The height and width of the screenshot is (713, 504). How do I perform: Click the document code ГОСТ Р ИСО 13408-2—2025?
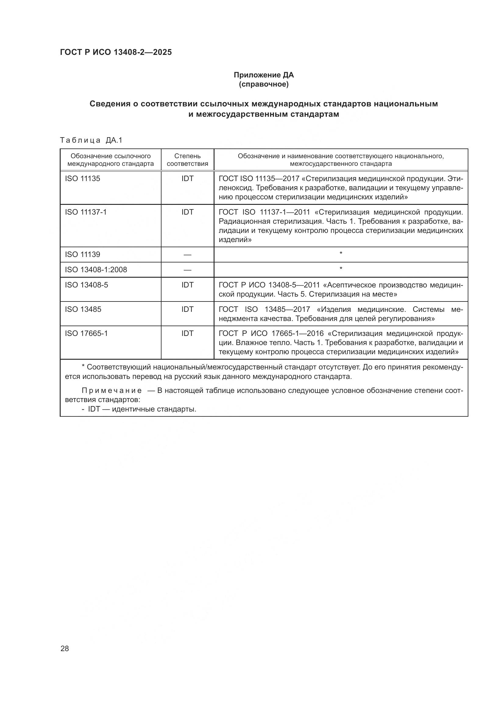(x=116, y=52)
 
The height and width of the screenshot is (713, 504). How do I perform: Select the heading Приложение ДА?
(x=264, y=75)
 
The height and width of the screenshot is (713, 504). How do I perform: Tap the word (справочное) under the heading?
(x=264, y=84)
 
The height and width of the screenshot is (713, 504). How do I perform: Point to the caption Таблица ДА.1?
(x=91, y=140)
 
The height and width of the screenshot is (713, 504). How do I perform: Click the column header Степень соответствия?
(x=187, y=160)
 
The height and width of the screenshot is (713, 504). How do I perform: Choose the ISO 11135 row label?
(x=83, y=179)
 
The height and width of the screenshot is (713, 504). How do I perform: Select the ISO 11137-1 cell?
(x=86, y=212)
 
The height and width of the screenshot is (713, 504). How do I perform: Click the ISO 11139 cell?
(x=83, y=255)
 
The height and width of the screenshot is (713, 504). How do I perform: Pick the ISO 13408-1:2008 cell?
(x=96, y=269)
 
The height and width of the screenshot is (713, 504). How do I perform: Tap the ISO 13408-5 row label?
(x=87, y=285)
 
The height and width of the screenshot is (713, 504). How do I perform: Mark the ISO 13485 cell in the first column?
(x=83, y=309)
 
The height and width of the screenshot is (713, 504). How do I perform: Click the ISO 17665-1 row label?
(x=86, y=333)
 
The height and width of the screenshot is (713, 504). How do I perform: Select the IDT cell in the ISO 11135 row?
(x=187, y=179)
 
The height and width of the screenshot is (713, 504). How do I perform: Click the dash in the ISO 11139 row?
(x=187, y=255)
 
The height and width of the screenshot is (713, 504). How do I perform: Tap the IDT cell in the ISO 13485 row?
(x=187, y=309)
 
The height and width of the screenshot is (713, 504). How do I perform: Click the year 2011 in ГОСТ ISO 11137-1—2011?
(x=302, y=212)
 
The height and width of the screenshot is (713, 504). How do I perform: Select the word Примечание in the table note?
(x=112, y=391)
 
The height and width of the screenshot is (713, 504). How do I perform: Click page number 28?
(x=65, y=648)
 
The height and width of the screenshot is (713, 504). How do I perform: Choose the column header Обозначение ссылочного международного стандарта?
(x=111, y=160)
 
